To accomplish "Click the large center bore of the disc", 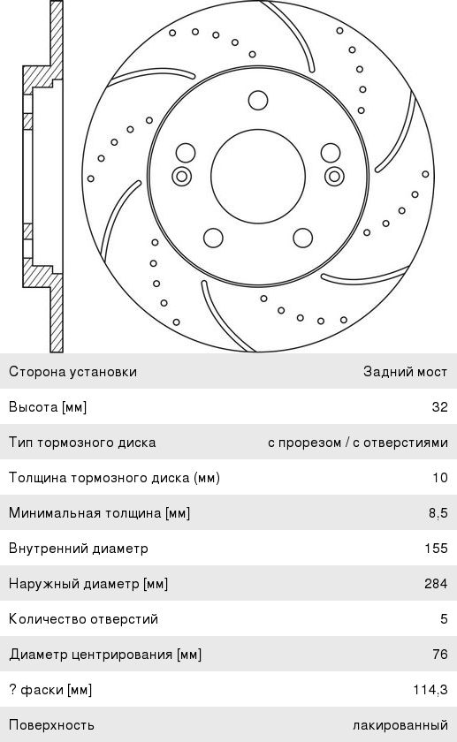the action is click(258, 176).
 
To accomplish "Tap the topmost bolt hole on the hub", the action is click(258, 101).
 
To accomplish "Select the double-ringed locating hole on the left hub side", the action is click(181, 177).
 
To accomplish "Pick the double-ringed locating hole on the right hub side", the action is click(334, 177).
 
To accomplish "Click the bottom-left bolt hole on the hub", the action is click(213, 238).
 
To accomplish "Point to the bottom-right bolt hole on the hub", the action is click(303, 238).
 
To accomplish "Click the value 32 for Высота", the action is click(439, 407).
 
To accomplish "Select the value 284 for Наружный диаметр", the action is click(436, 584).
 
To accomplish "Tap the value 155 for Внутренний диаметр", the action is click(436, 548).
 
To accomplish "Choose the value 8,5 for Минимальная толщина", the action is click(438, 513).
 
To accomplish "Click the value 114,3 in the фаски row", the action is click(430, 690).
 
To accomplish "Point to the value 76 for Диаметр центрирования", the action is click(440, 654).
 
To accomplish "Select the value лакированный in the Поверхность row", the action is click(400, 725).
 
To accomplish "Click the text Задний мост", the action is click(406, 372).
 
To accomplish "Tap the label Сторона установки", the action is click(73, 372).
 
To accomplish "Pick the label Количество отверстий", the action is click(83, 619).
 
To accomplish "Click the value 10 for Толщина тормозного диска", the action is click(440, 478).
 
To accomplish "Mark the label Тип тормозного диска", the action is click(82, 443).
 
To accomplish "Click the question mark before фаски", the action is click(11, 690).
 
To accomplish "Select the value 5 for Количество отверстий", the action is click(444, 619).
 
